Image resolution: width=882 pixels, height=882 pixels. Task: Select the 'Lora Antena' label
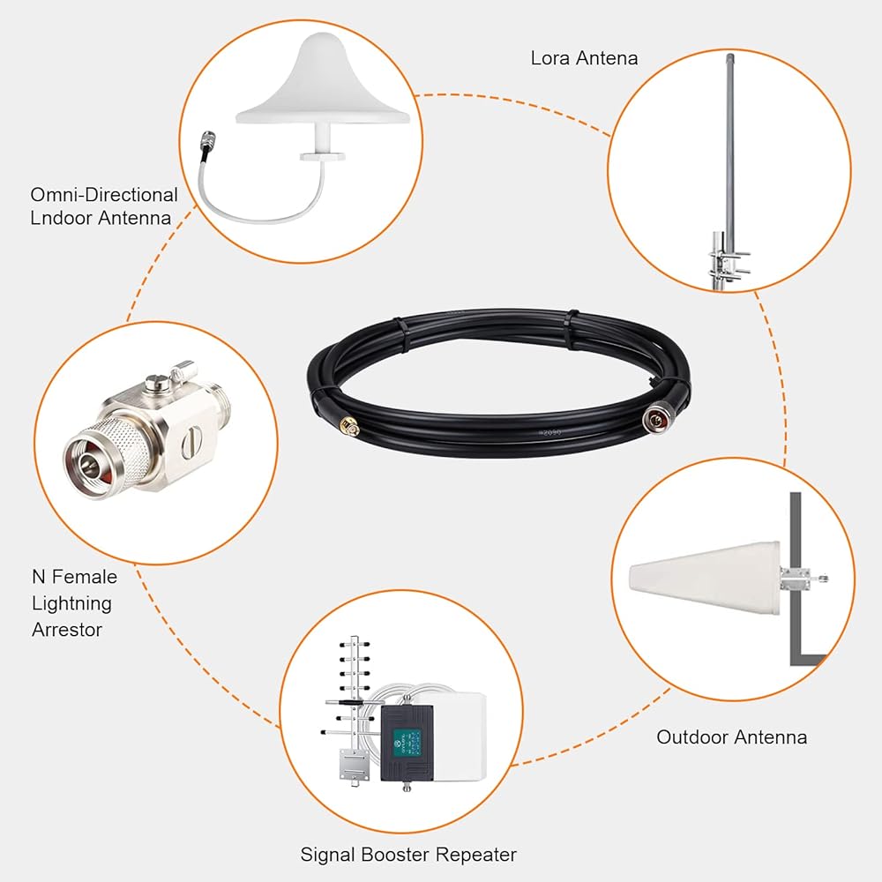click(x=584, y=59)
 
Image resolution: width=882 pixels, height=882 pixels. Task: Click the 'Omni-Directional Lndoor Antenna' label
click(x=104, y=206)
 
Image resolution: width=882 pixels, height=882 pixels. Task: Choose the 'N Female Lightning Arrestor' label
click(x=74, y=603)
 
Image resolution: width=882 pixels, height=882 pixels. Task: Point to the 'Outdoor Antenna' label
click(x=731, y=736)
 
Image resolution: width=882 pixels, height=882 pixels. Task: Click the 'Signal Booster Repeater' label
click(x=408, y=854)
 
